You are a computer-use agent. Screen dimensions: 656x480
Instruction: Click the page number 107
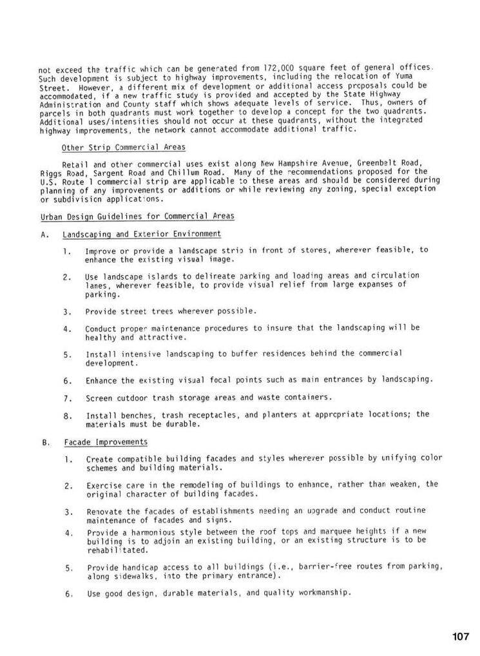coord(461,637)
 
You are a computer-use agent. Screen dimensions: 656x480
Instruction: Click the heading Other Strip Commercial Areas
coord(124,148)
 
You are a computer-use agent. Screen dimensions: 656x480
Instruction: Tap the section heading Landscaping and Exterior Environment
coord(142,234)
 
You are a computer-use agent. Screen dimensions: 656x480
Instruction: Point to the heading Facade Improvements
coord(106,442)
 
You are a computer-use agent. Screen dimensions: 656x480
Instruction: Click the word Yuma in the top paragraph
coord(412,77)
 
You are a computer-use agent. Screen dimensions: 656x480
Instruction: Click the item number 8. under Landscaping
coord(68,416)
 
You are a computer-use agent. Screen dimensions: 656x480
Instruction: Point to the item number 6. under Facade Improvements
coord(68,593)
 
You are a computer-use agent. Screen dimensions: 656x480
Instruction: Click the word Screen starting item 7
coord(99,398)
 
